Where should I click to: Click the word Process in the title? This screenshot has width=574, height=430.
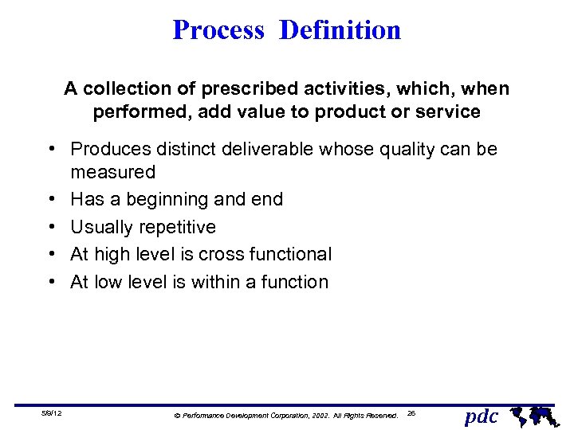pos(218,30)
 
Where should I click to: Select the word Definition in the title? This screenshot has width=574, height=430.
pos(340,30)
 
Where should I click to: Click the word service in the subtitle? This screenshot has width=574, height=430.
pos(451,112)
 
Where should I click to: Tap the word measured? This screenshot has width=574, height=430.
pos(113,172)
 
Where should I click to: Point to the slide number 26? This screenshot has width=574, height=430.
pos(411,412)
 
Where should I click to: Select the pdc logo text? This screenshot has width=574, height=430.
pos(481,415)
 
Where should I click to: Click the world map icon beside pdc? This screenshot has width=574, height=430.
pos(532,414)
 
